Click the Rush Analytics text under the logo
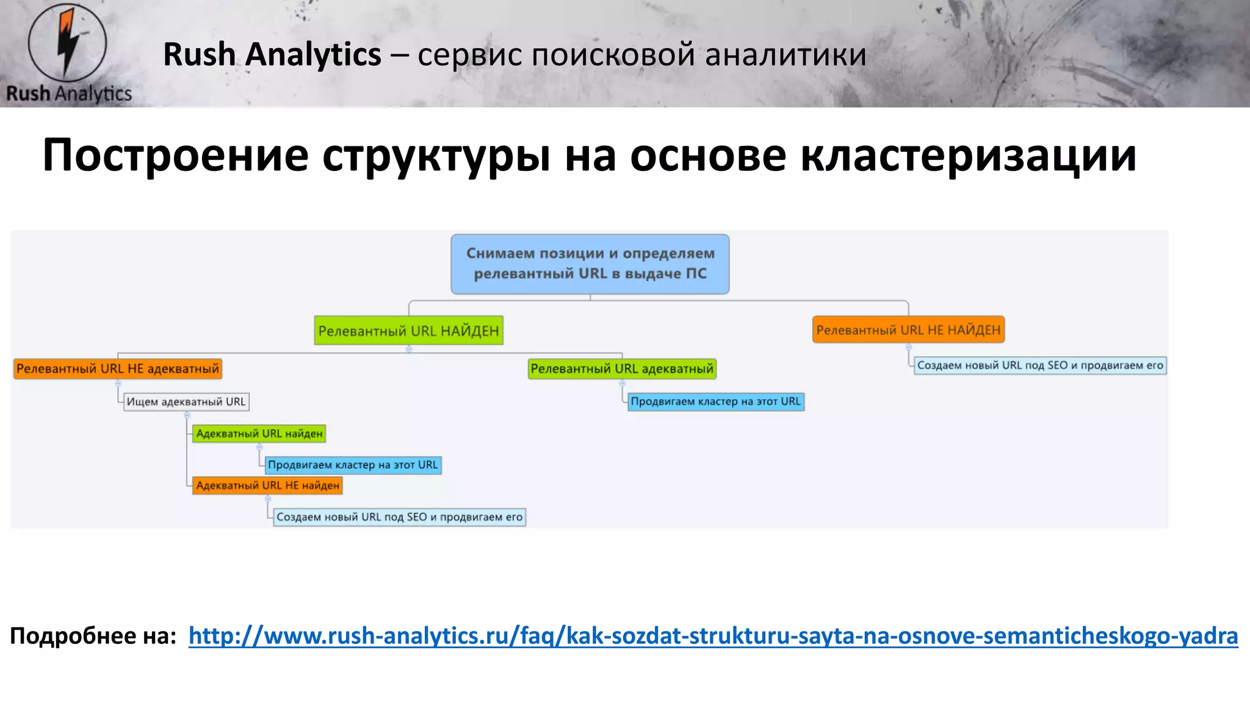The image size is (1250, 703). tap(69, 93)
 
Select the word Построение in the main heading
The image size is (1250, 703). tap(175, 156)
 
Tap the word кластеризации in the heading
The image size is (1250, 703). tap(968, 156)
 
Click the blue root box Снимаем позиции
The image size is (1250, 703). tap(590, 264)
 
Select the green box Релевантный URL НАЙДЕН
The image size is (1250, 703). tap(408, 331)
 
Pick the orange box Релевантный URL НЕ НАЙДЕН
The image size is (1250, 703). tap(908, 330)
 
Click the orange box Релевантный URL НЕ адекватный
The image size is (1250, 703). tap(117, 369)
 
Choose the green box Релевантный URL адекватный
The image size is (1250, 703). tap(621, 369)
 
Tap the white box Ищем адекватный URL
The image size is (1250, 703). tap(186, 402)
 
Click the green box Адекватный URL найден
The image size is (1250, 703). tap(259, 433)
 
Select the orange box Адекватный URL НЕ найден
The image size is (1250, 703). tap(267, 485)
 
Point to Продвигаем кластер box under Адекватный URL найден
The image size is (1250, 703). tap(353, 465)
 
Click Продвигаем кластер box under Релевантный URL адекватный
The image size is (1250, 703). tap(715, 402)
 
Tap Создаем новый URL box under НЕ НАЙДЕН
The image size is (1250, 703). tap(1039, 366)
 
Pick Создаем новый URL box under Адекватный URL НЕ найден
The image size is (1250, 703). tap(399, 517)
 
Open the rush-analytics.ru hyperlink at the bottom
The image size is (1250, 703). tap(713, 636)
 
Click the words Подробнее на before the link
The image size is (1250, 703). tap(93, 636)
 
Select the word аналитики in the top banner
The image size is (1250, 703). tap(786, 55)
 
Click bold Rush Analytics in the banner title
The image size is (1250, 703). tap(272, 55)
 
